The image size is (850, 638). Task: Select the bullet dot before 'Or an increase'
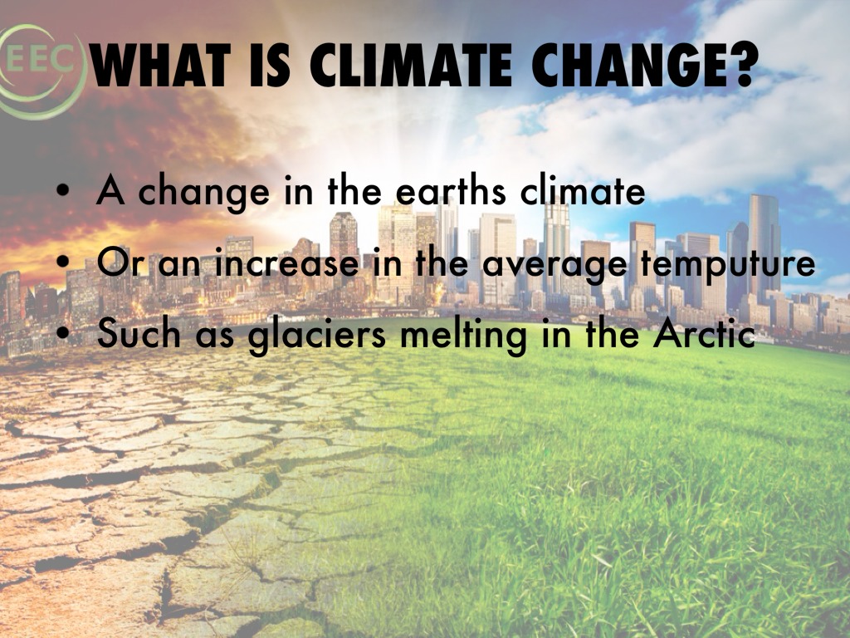pos(63,265)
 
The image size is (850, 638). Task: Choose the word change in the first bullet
pos(203,193)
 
